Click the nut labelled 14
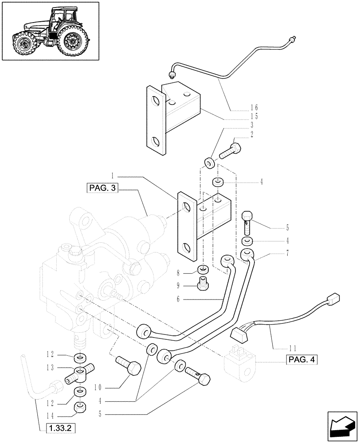(80, 406)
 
